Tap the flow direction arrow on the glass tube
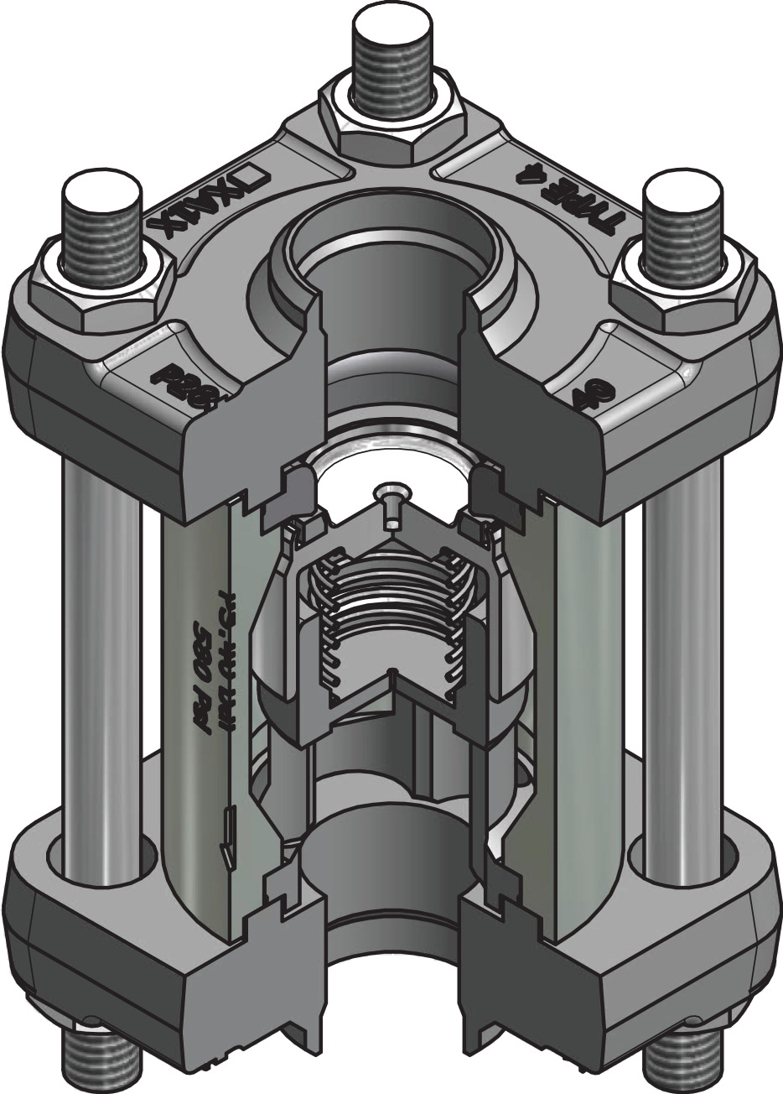tap(228, 839)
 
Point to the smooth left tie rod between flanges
tap(101, 646)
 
